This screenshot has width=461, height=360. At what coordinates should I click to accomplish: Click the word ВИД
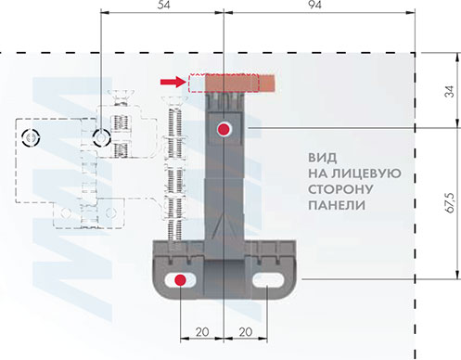tap(323, 155)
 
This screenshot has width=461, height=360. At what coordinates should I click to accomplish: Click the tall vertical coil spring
tap(173, 176)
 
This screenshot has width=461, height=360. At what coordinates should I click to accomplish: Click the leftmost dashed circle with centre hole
tap(30, 138)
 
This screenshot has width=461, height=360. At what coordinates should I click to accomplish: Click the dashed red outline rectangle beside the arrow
tap(196, 83)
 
